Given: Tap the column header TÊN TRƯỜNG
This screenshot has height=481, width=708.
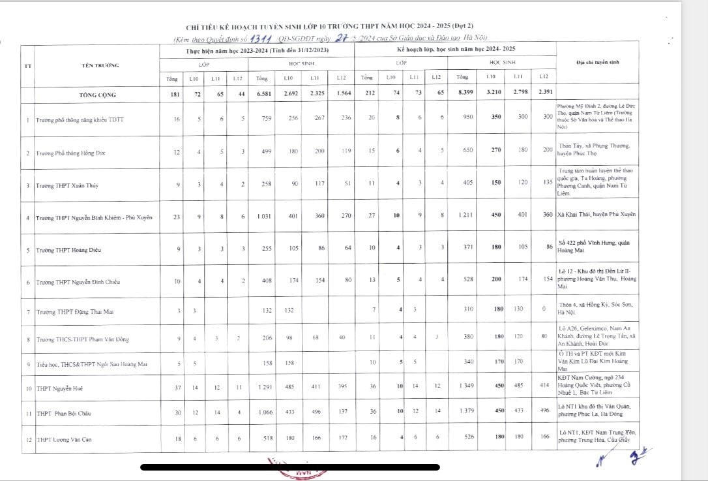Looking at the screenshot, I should tap(96, 65).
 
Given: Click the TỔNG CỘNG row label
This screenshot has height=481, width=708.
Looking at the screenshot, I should tap(98, 95).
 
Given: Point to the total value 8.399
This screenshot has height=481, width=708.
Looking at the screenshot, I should tap(463, 94).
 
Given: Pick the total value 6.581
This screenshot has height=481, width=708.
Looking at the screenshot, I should tap(262, 95).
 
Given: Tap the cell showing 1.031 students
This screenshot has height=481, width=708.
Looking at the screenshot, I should tap(262, 217).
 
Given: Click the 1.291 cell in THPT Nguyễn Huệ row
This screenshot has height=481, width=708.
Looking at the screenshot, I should tap(262, 388).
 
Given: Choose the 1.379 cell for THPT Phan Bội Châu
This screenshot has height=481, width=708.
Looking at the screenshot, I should tap(463, 413).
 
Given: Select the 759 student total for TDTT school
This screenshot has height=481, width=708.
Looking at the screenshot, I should tap(262, 119).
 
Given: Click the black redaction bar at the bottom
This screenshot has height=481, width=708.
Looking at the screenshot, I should tap(290, 467).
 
